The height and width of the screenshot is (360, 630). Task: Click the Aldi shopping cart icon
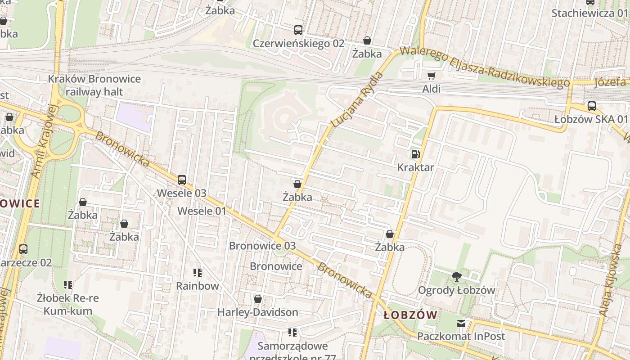click(x=432, y=76)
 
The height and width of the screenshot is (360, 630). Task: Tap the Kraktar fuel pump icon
click(x=415, y=154)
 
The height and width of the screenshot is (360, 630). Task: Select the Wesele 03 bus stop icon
click(x=182, y=180)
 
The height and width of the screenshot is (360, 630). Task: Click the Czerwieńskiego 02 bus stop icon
click(x=298, y=30)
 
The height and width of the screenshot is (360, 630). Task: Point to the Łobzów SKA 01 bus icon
click(x=592, y=106)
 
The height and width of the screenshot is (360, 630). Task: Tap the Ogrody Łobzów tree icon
click(x=457, y=277)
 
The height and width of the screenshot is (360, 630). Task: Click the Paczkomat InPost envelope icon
click(x=461, y=323)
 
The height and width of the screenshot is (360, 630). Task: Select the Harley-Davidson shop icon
click(x=258, y=299)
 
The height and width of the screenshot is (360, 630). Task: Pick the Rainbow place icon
click(x=197, y=273)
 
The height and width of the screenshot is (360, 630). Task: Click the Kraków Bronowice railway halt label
click(x=94, y=85)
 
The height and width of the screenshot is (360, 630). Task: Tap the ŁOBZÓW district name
click(x=410, y=315)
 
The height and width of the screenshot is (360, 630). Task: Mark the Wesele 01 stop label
click(x=202, y=211)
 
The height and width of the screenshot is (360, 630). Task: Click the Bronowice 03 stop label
click(x=262, y=246)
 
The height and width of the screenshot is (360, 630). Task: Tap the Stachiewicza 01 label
click(x=589, y=13)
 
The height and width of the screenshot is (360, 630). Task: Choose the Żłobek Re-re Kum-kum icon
click(x=68, y=285)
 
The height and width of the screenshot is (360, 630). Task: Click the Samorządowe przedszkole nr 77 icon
click(x=292, y=333)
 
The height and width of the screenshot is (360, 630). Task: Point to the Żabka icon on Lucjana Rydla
click(x=297, y=184)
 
